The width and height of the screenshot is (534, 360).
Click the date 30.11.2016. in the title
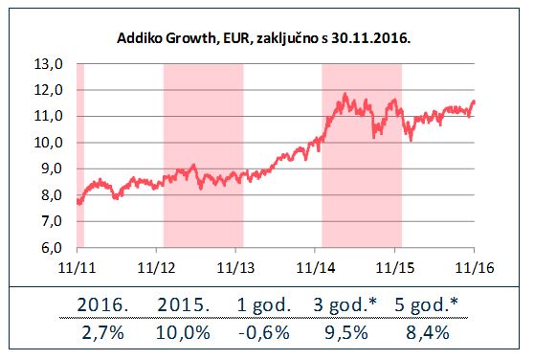tap(370, 37)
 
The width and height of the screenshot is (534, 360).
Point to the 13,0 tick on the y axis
tap(49, 64)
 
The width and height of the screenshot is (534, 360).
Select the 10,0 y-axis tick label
tap(49, 143)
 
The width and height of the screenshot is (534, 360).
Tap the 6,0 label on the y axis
tap(52, 248)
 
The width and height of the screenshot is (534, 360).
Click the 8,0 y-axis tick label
tap(52, 195)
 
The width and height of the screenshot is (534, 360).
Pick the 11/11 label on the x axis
tap(77, 268)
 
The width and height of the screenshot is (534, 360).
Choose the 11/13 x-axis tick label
tap(235, 268)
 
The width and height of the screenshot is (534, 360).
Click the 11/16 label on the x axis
tap(475, 268)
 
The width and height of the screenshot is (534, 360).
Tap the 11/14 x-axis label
tap(316, 268)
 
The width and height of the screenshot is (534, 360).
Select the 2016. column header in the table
tap(102, 304)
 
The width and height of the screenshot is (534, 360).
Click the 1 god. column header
tap(264, 304)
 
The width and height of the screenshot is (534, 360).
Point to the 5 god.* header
tap(427, 304)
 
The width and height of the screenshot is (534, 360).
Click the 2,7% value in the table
tap(102, 332)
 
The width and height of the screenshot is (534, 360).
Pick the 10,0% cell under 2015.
tap(183, 332)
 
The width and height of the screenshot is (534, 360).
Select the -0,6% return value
tap(264, 332)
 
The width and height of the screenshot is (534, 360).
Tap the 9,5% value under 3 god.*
tap(346, 332)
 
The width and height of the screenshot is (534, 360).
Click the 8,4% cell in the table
tap(428, 332)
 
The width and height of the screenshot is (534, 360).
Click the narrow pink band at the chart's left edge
tap(80, 155)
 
